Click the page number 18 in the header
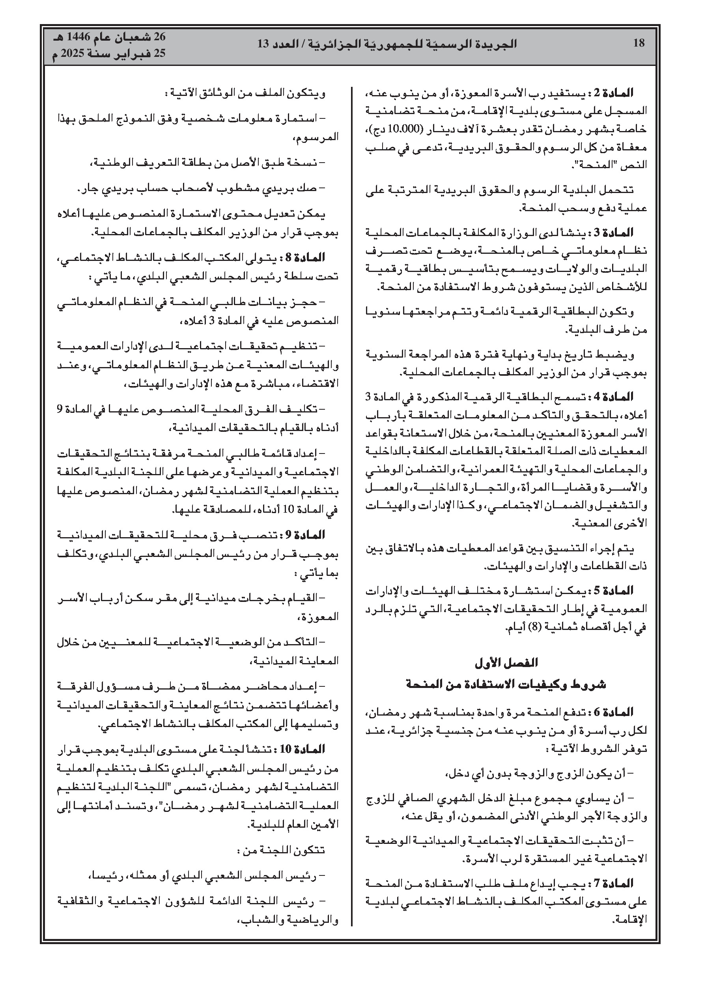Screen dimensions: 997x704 click(639, 43)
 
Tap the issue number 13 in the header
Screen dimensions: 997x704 click(264, 43)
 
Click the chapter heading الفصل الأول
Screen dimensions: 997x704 click(506, 663)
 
